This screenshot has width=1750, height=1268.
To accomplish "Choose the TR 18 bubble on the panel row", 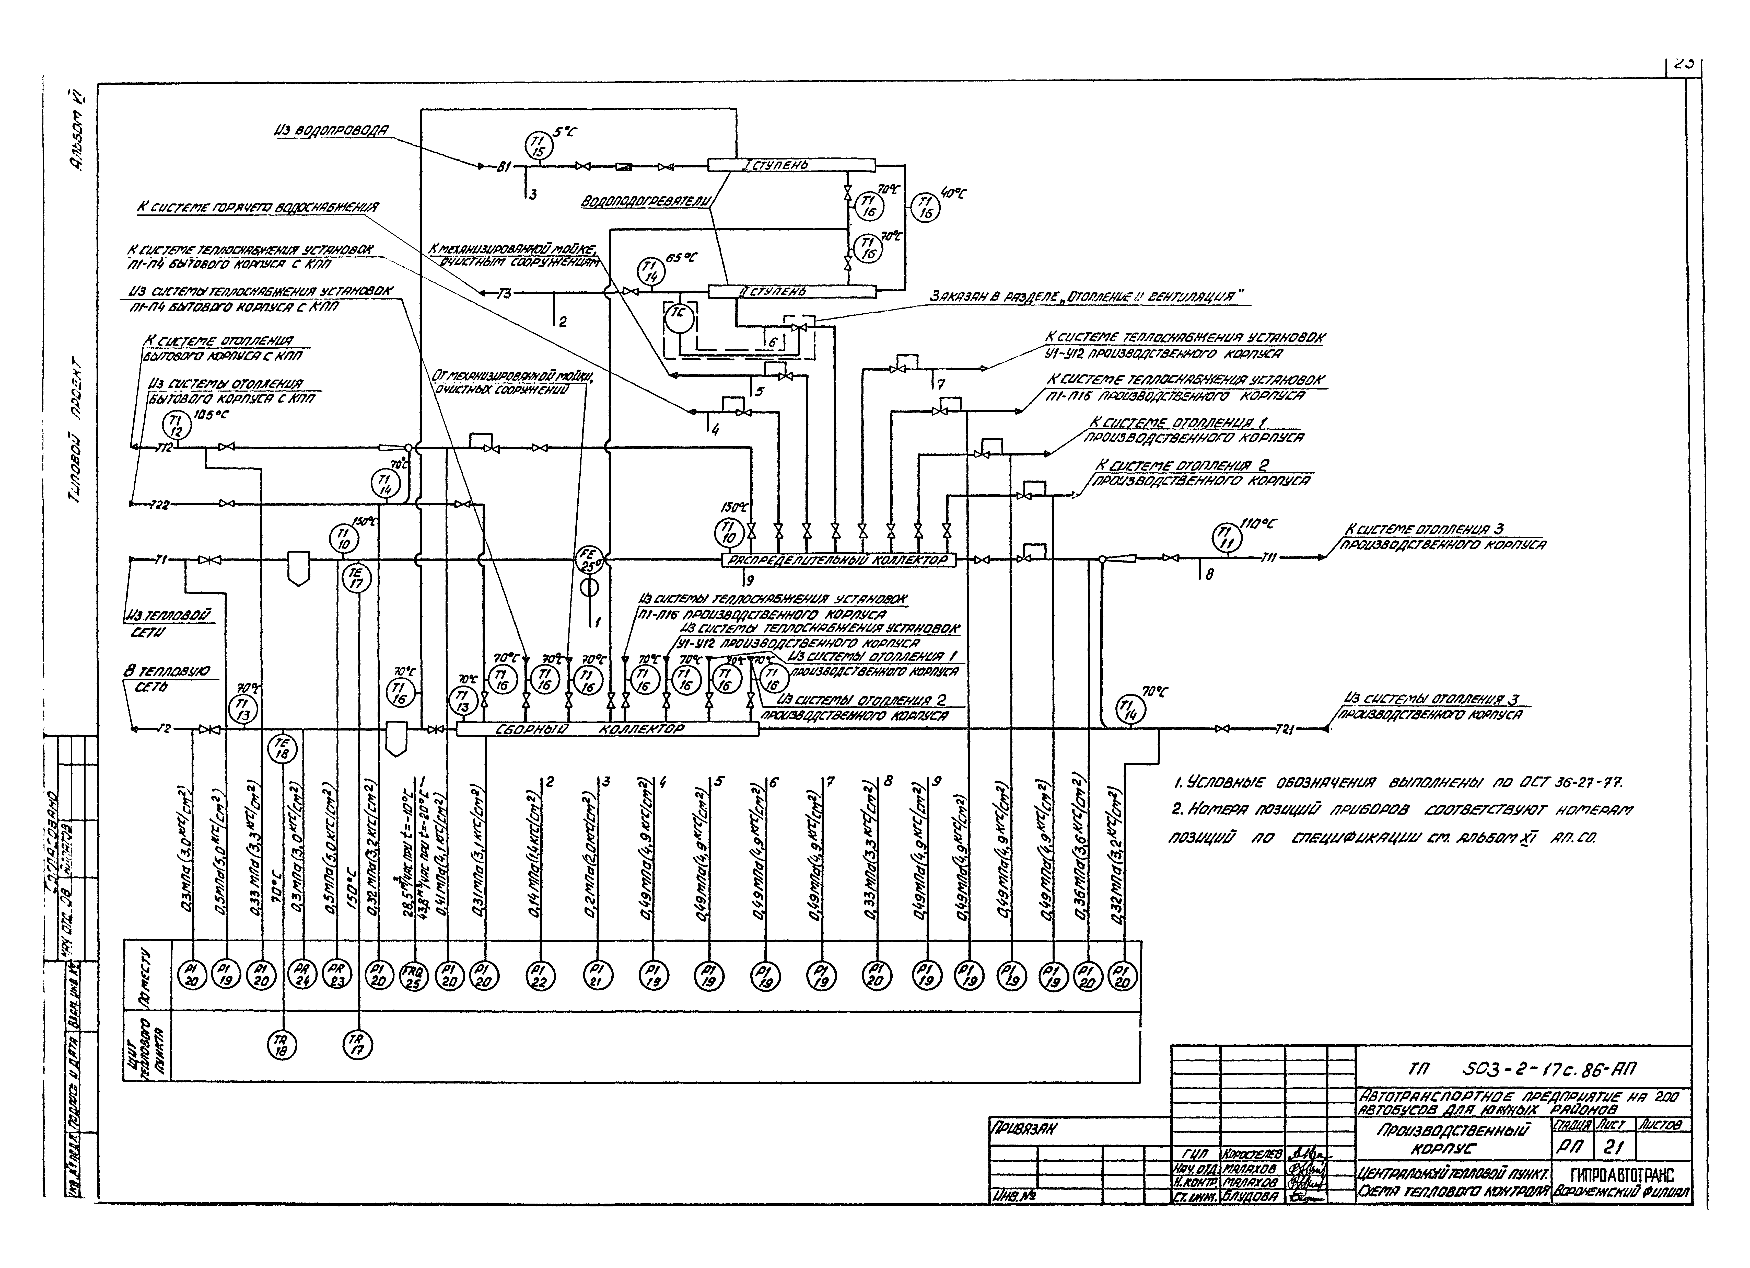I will click(x=282, y=1046).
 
